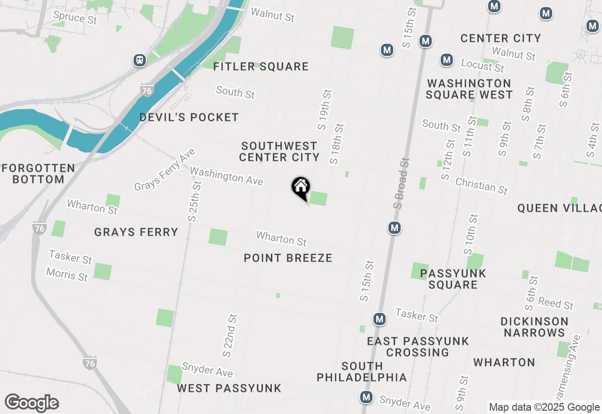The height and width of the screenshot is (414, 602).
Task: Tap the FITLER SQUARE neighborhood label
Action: pos(261,67)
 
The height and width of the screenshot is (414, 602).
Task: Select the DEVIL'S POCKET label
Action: pos(189,117)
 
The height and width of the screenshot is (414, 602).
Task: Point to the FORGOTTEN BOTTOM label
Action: pos(39,174)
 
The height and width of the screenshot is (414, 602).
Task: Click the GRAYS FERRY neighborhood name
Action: pos(136,232)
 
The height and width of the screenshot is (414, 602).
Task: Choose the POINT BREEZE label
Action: pos(288,258)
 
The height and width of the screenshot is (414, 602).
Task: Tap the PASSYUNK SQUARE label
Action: pos(453,279)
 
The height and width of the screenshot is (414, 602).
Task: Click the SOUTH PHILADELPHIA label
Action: pos(362,372)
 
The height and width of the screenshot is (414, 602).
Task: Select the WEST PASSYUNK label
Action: pos(229,388)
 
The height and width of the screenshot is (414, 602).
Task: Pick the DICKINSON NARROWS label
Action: pos(534,327)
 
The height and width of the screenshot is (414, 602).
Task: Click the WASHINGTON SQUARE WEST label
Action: pos(469,89)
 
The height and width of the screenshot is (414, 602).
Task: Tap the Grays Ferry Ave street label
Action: pos(165,170)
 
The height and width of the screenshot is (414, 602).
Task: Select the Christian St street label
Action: pos(482,186)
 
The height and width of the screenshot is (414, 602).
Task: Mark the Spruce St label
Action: pos(75,17)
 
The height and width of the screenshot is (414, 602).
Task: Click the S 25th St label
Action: pos(194,201)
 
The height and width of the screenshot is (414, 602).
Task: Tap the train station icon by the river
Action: pos(139,60)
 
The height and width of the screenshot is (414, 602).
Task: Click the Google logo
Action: pos(32,403)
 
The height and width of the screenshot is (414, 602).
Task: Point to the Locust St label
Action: pos(483,65)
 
